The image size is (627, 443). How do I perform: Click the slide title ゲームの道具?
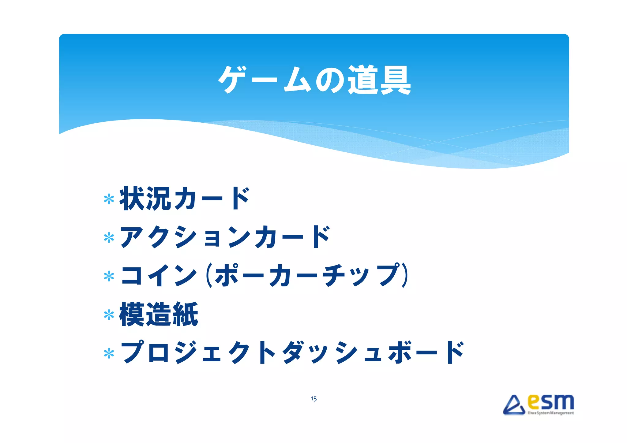314,80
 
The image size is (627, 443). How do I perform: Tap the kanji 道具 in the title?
379,80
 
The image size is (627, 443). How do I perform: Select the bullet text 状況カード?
185,199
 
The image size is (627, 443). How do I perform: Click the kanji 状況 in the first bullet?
145,199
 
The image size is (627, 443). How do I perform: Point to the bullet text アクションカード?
225,237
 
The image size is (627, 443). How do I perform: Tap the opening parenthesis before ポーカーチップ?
209,276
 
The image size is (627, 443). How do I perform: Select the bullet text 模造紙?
159,314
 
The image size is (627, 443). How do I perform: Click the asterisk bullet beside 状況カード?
109,199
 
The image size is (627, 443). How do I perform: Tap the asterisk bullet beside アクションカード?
109,238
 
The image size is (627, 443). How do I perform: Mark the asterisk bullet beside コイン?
109,276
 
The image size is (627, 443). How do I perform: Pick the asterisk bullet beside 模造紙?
109,315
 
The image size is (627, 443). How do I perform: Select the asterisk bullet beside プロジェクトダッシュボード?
109,353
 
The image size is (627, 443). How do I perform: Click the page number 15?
313,399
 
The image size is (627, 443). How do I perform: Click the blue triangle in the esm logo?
514,405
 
